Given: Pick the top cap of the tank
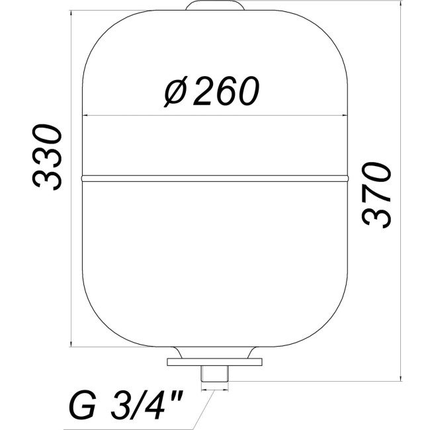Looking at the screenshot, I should (x=216, y=6).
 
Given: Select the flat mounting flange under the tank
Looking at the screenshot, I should (x=216, y=362).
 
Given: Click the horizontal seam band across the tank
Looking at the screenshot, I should (x=215, y=177).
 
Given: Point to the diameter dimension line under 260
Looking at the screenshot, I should (x=215, y=118).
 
